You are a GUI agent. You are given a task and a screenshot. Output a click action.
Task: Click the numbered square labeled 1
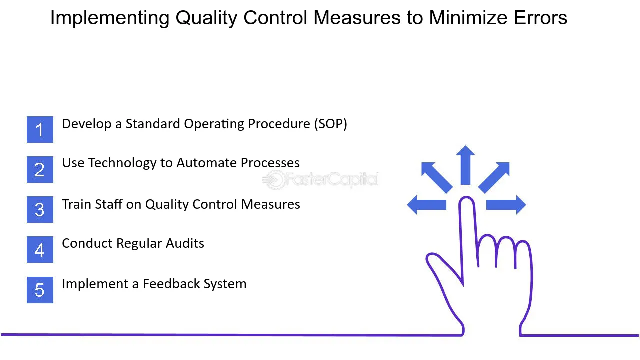point(40,129)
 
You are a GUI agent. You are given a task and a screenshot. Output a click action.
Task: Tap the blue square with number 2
point(40,169)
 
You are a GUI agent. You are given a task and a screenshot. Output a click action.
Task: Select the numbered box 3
point(40,209)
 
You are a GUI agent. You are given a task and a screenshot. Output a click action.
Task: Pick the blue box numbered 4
point(40,250)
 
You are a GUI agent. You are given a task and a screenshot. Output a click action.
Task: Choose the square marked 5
point(40,290)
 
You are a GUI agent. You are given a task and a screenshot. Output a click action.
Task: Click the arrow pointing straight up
point(465,165)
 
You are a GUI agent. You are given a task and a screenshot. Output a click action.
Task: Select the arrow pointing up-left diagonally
point(436,177)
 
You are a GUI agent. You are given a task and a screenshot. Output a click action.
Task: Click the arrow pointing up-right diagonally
point(494,177)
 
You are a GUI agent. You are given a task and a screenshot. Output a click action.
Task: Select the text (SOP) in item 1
point(331,124)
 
